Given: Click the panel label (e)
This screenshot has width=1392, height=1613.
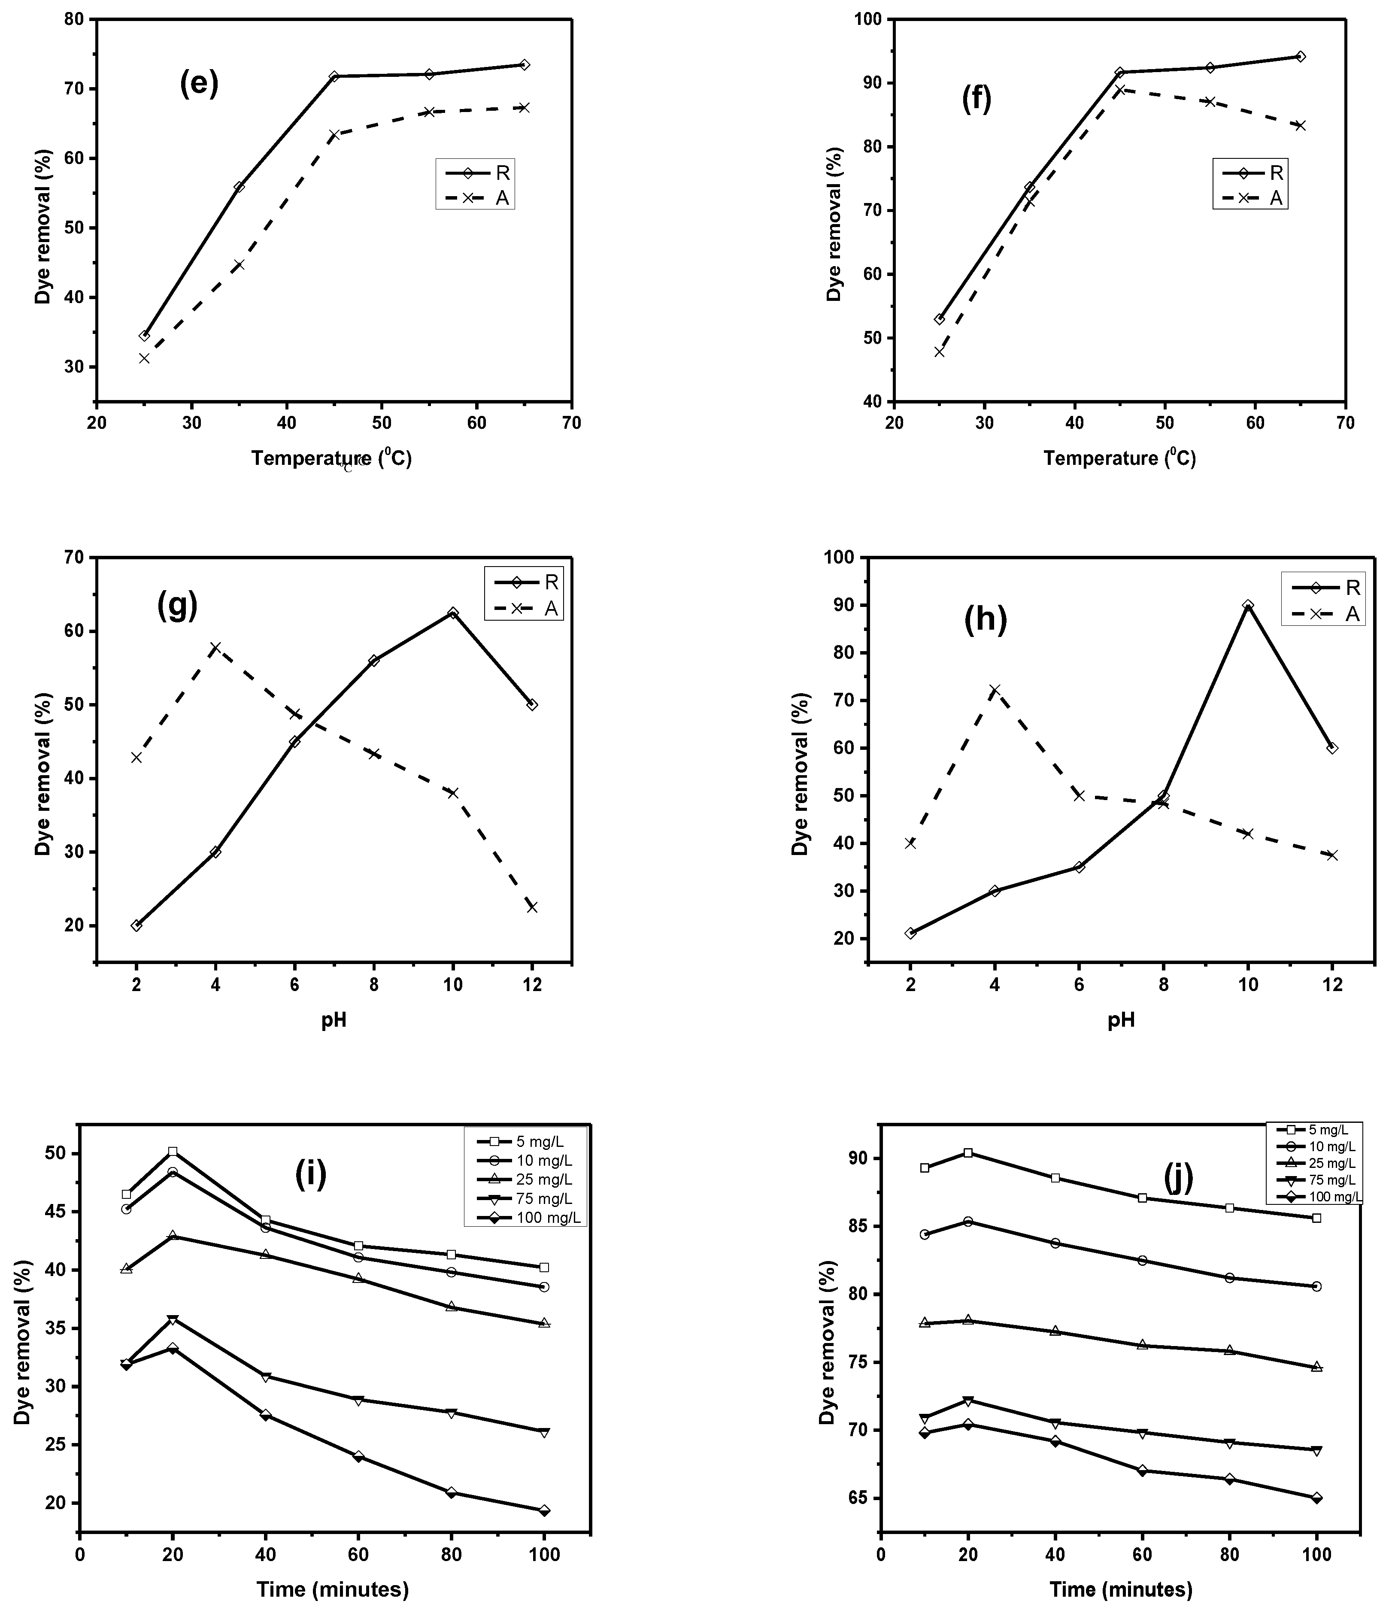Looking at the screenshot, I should [199, 83].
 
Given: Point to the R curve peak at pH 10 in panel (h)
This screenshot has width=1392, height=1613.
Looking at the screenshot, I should [1248, 606].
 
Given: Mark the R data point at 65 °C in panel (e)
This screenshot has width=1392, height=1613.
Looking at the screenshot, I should [524, 65].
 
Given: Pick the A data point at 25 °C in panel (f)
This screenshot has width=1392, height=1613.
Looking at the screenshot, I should [939, 352].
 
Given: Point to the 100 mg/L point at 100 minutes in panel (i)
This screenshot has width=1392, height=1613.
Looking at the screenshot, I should [544, 1510].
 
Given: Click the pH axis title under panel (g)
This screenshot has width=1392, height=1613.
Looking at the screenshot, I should [334, 1020].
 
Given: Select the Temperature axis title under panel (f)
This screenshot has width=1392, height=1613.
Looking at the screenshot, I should [1119, 458].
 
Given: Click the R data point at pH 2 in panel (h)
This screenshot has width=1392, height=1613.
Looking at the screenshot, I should [910, 933].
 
